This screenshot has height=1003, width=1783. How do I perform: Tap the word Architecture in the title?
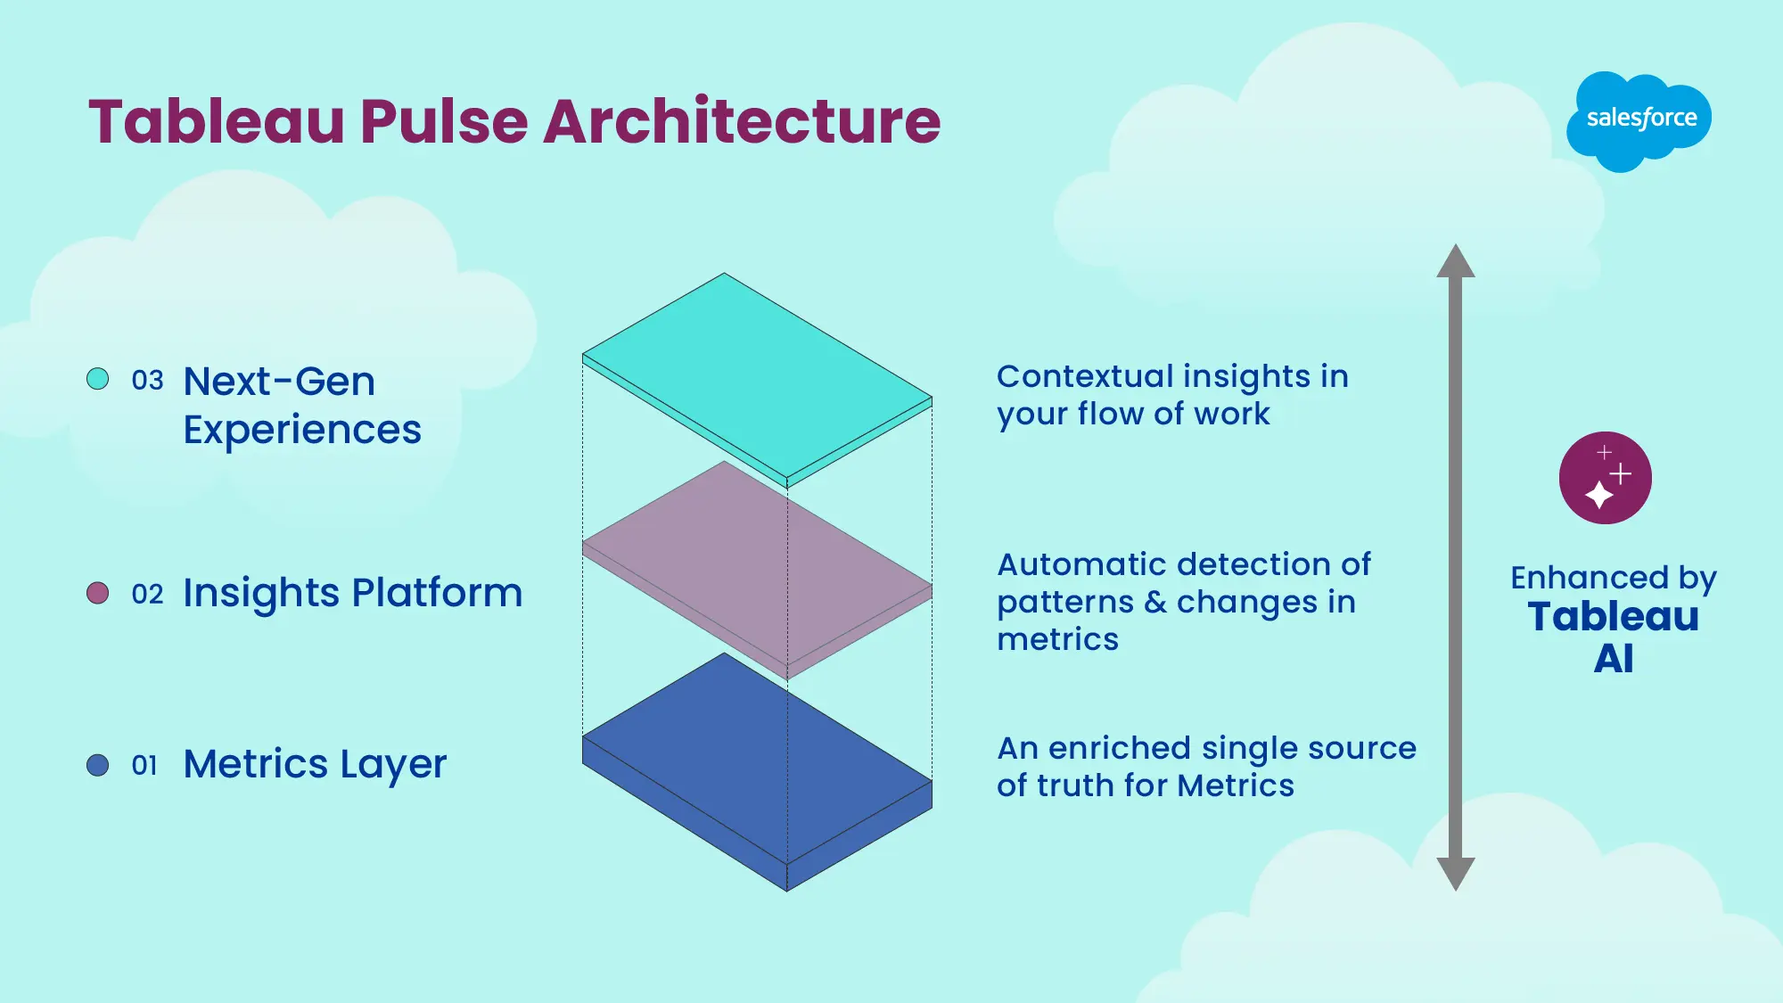(742, 122)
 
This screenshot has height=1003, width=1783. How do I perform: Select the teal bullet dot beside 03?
(98, 379)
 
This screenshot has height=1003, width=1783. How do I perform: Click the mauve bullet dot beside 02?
(98, 593)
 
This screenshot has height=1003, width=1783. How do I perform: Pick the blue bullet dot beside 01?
(98, 765)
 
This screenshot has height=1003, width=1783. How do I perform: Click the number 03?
(147, 381)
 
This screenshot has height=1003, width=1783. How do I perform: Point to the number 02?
(147, 595)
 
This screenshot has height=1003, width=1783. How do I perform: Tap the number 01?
(144, 766)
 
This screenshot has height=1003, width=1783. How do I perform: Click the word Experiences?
(302, 431)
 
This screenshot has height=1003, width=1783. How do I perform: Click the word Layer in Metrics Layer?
(392, 765)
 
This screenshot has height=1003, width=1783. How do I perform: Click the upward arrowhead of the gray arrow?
(1456, 262)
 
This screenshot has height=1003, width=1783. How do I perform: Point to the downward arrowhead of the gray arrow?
(1456, 873)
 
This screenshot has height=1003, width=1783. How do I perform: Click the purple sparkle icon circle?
(1605, 478)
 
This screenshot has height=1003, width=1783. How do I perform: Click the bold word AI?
(1613, 660)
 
